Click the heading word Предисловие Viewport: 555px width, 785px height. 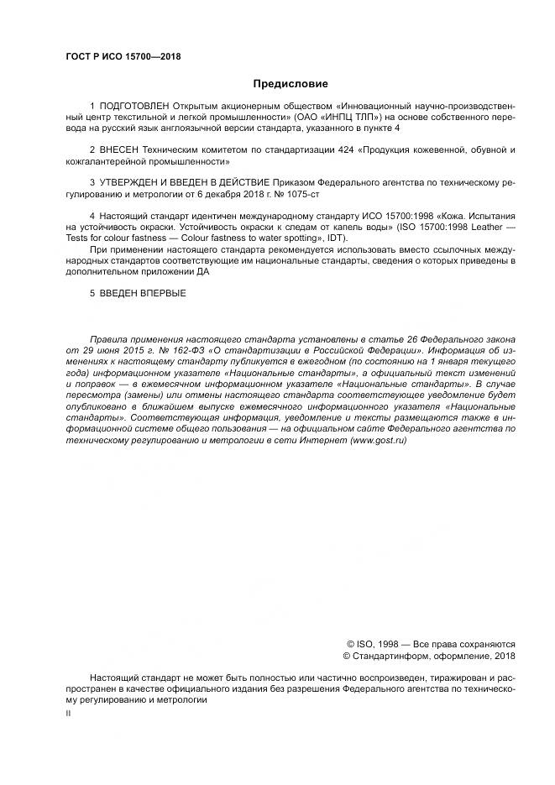[x=291, y=84]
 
